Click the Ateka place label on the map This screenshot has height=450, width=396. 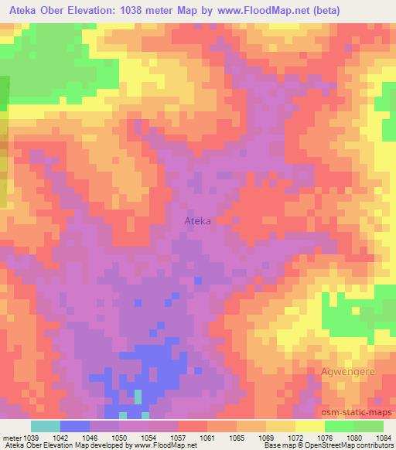click(197, 221)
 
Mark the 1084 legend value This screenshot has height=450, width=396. click(381, 437)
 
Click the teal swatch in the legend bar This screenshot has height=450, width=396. click(46, 426)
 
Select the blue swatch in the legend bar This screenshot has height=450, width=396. click(75, 426)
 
